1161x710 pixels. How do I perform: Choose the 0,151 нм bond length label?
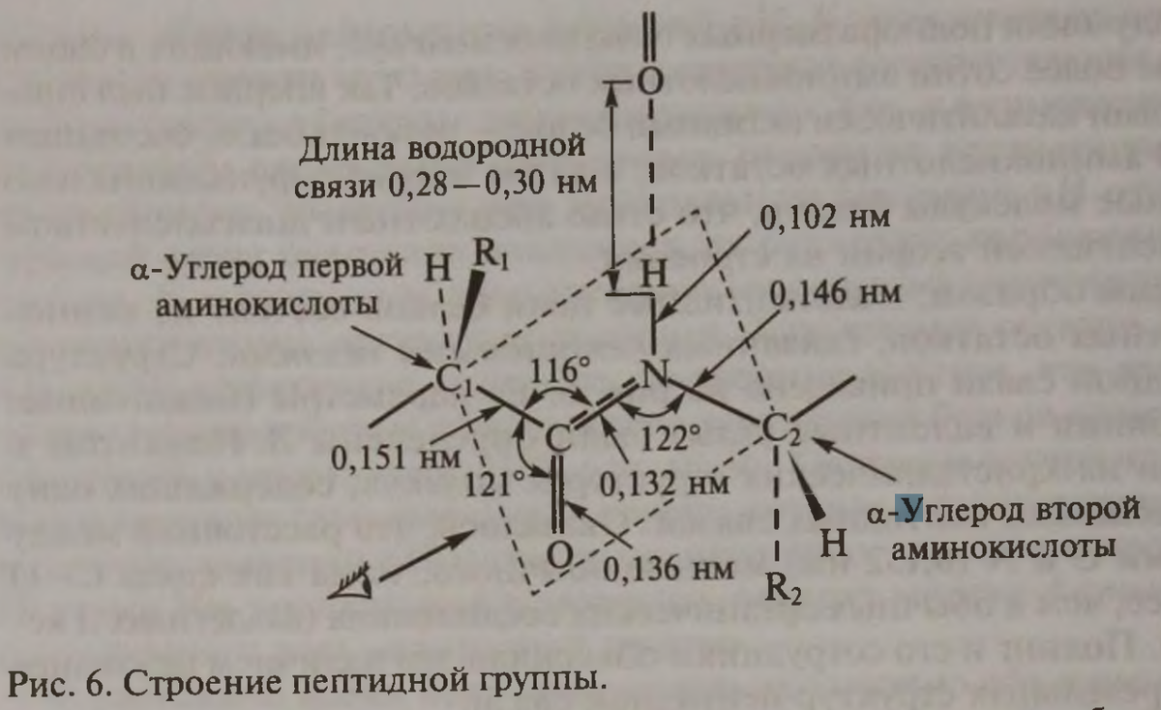pyautogui.click(x=386, y=458)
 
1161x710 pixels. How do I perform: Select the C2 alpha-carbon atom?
pyautogui.click(x=779, y=430)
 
